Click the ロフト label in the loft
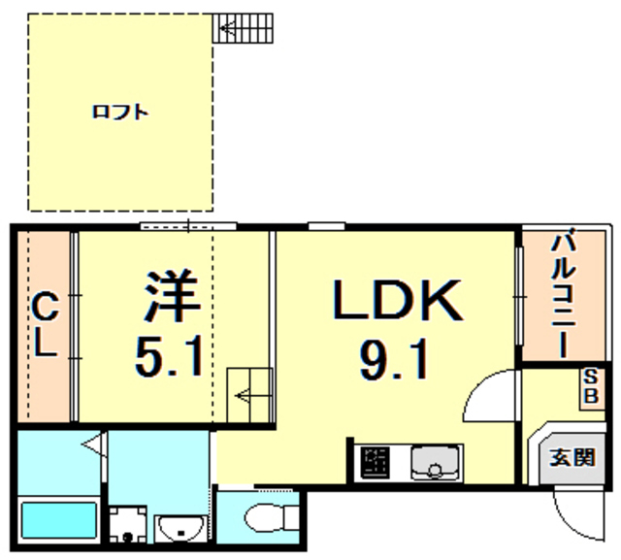(x=120, y=113)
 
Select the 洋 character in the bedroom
(x=173, y=297)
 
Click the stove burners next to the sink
(x=374, y=463)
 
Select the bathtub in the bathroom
(x=57, y=523)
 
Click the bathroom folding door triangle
(x=91, y=445)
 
